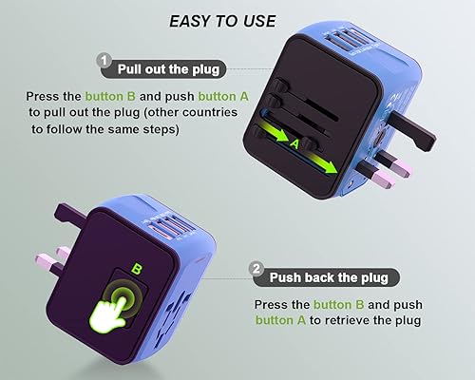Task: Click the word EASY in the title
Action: click(x=188, y=20)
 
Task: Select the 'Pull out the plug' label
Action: click(x=170, y=68)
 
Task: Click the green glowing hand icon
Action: click(x=133, y=312)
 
